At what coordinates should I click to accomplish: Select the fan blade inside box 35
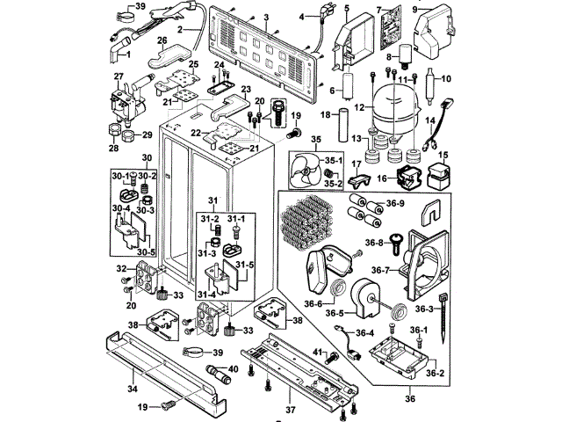(304, 168)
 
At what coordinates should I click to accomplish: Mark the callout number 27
(118, 76)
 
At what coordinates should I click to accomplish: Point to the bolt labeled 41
(333, 358)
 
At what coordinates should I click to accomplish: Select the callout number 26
(162, 40)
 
